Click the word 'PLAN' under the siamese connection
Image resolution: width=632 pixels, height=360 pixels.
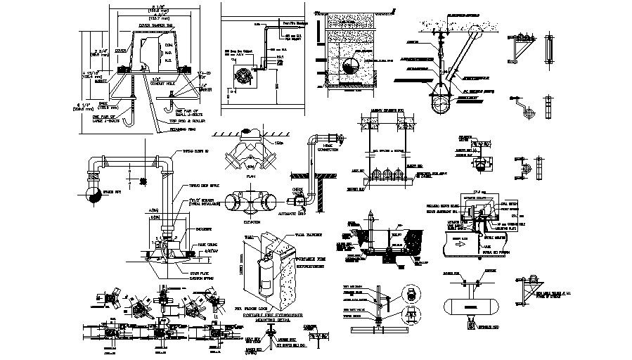250,177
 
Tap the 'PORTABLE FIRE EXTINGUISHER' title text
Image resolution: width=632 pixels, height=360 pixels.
271,316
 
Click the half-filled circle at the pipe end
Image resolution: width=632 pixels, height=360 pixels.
91,196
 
